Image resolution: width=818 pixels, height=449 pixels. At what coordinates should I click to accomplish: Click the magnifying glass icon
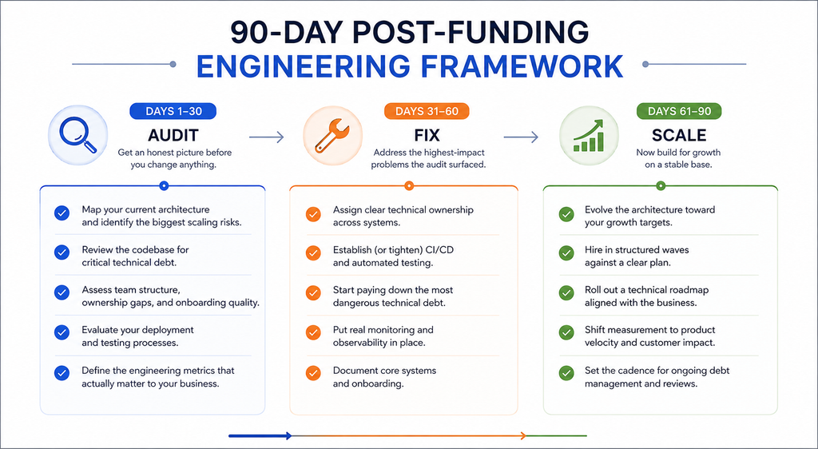tap(77, 134)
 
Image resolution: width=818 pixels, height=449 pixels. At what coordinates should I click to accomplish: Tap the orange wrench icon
tap(332, 136)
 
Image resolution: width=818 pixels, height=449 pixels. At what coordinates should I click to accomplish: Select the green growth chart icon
tap(589, 136)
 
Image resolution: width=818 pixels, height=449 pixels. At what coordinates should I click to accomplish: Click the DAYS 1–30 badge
tap(173, 111)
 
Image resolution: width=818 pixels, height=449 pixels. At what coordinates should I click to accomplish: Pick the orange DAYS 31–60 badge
tap(427, 111)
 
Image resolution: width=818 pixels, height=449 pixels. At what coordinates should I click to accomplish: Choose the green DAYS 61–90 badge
tap(679, 111)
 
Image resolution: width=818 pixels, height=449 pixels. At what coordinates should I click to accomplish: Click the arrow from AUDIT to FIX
tap(267, 137)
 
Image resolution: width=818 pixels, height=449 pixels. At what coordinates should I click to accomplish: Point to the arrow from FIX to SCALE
tap(521, 137)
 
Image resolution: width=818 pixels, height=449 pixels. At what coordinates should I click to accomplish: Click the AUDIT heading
tap(173, 135)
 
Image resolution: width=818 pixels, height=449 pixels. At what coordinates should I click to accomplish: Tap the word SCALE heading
tap(679, 135)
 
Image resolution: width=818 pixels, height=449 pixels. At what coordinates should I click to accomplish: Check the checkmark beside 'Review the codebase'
tap(62, 252)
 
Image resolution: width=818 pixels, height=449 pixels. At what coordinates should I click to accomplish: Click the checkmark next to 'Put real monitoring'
tap(313, 332)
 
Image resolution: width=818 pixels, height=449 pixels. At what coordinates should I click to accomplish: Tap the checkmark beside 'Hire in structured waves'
tap(566, 252)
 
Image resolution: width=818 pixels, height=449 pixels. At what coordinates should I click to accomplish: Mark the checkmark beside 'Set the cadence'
tap(566, 373)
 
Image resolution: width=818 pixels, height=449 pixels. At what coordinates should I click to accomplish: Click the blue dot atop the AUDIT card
tap(164, 185)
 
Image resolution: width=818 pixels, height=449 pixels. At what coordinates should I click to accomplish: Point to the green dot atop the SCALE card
tap(661, 185)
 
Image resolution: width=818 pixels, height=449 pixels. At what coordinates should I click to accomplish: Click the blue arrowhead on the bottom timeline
tap(288, 436)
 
